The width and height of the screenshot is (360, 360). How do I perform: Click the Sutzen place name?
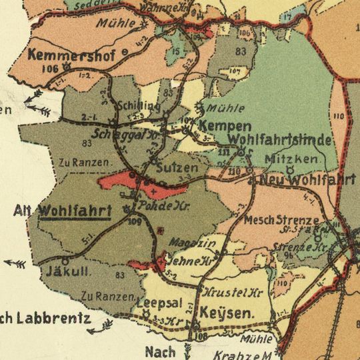click(177, 168)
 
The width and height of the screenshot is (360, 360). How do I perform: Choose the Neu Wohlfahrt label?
click(307, 180)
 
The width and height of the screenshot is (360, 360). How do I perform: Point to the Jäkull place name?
click(63, 271)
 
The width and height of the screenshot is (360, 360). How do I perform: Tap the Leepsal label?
click(159, 302)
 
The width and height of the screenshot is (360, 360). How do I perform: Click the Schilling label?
click(138, 106)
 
